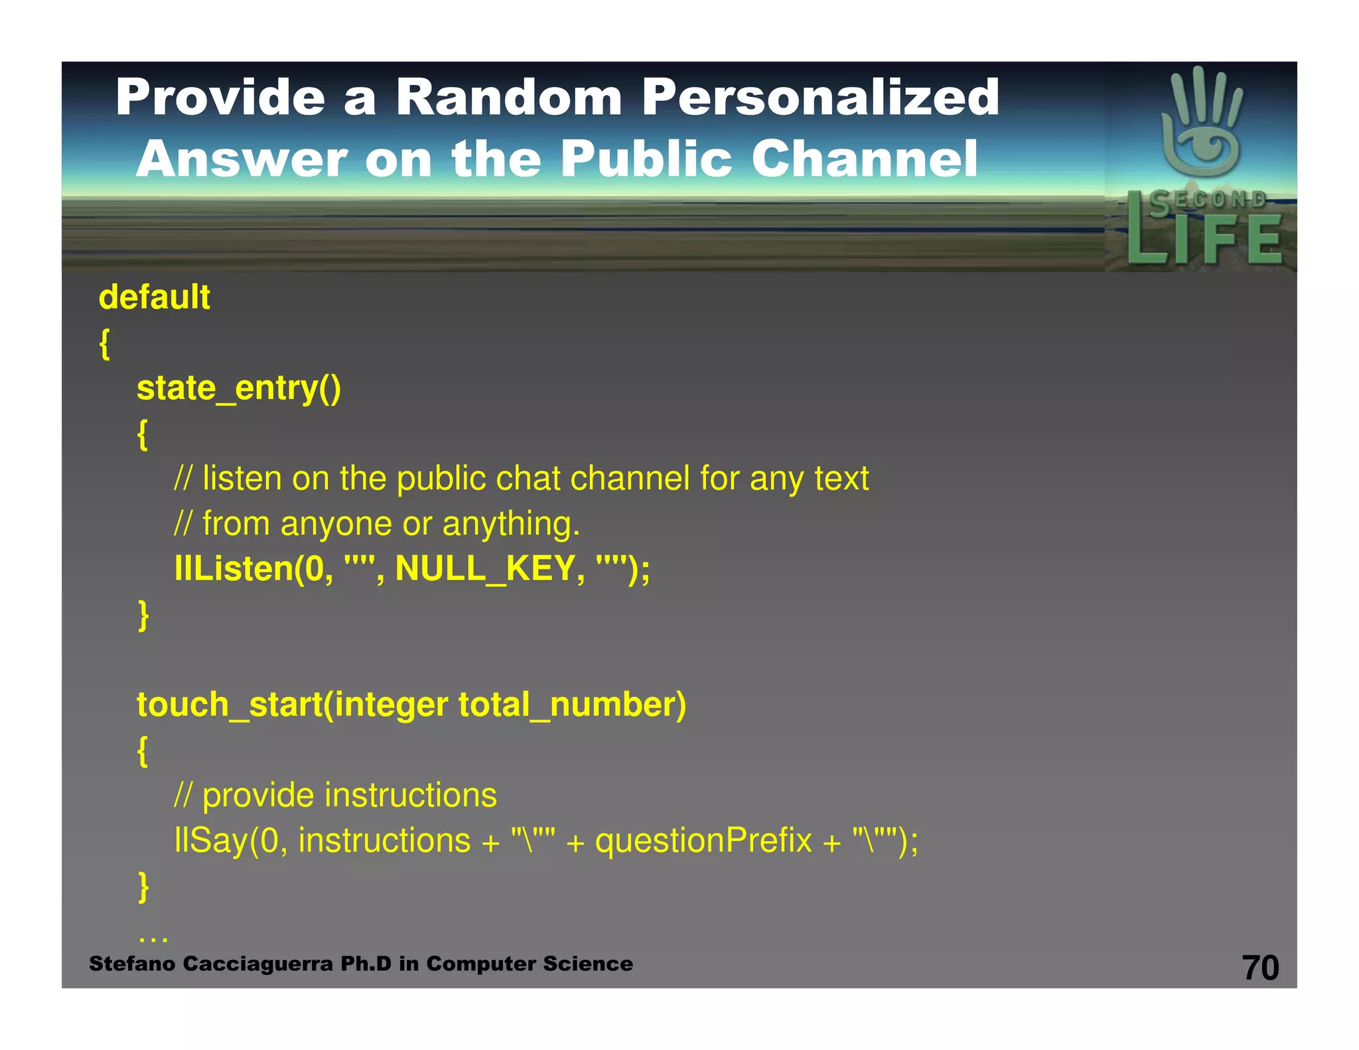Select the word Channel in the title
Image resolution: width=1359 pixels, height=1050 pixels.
click(x=864, y=159)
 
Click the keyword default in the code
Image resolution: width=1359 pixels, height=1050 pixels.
click(x=154, y=297)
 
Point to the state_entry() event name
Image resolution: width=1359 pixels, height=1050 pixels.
click(x=238, y=388)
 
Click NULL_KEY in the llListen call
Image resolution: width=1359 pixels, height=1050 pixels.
click(x=485, y=569)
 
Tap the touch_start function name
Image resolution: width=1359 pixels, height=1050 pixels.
click(x=230, y=705)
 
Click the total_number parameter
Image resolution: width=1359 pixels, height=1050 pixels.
click(x=571, y=705)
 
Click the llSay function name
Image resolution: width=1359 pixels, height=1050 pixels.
click(x=210, y=842)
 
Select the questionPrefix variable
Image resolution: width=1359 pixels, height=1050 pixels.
click(x=703, y=842)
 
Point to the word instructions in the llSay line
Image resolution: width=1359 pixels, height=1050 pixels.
click(x=384, y=841)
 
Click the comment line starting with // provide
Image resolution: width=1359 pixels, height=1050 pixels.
click(x=335, y=796)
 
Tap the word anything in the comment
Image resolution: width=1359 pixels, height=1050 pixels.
click(x=510, y=524)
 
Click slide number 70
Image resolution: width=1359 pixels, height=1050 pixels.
click(x=1259, y=968)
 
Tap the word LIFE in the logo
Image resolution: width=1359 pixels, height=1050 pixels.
click(x=1204, y=238)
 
